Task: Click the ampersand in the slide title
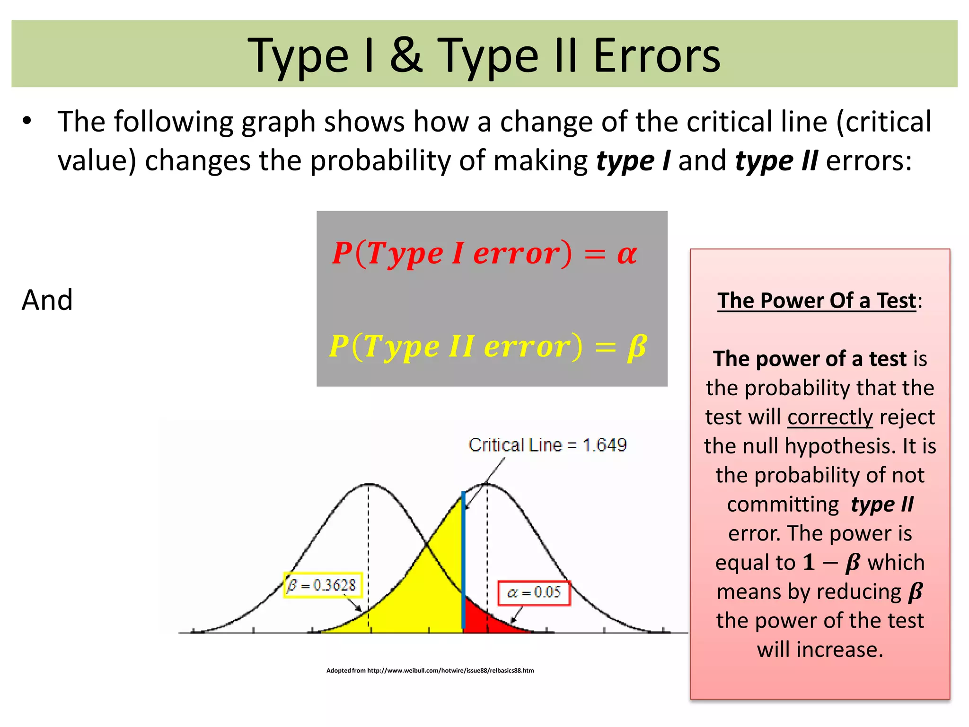(x=406, y=56)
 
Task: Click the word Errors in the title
(x=656, y=56)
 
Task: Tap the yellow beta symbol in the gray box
(x=636, y=346)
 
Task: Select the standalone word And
(x=47, y=300)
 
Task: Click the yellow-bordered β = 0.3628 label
(x=323, y=585)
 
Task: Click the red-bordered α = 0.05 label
(x=534, y=593)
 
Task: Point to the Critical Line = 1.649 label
(x=547, y=445)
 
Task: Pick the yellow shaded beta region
(x=426, y=592)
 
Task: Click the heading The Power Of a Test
(x=817, y=301)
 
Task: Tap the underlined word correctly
(x=830, y=417)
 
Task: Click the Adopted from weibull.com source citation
(x=430, y=670)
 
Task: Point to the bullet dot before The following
(x=27, y=121)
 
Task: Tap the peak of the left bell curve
(x=369, y=484)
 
